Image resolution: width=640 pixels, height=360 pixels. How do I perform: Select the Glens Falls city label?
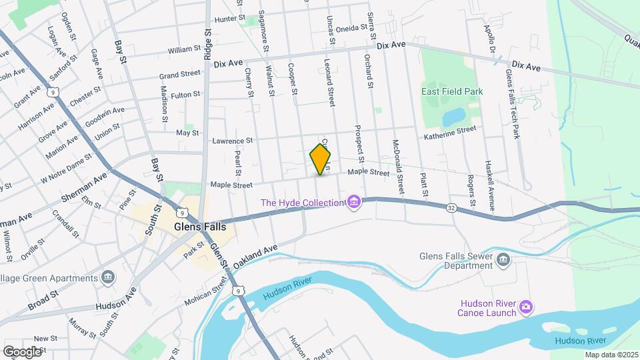199,226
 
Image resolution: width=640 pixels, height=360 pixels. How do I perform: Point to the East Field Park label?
451,91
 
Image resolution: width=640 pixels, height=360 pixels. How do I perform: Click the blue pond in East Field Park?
454,117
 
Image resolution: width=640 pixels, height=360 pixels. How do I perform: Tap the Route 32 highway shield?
452,209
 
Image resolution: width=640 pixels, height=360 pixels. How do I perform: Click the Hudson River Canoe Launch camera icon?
526,307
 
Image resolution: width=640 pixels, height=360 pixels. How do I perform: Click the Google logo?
23,351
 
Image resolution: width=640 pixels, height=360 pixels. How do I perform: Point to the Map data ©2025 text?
611,355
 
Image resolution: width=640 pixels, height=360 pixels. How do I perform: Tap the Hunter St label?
231,19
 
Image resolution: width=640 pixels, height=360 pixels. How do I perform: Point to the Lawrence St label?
232,141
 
